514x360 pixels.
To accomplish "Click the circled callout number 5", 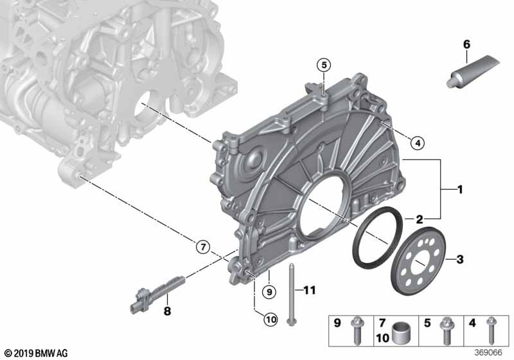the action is coord(324,65).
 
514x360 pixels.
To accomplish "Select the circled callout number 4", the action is coord(417,143).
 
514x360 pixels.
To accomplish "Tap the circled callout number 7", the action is coord(203,247).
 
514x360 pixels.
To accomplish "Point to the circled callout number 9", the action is coord(269,291).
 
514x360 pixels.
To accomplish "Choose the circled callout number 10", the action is coord(270,319).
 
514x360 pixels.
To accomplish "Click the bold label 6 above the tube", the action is coord(466,44).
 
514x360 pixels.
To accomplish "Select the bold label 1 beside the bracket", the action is coord(460,190).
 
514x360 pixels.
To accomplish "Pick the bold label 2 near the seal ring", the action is coord(420,219).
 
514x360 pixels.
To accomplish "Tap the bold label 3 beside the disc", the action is coord(460,259).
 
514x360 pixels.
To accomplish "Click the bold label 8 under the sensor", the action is coord(167,310).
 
